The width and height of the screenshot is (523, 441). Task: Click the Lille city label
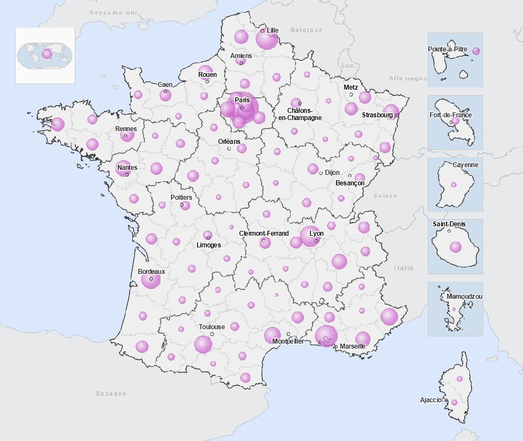point(272,30)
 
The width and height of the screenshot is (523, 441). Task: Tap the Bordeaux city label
point(152,272)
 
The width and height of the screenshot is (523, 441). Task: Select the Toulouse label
point(212,327)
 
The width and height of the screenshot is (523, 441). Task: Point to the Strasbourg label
point(377,115)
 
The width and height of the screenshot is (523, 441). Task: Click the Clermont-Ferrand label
point(264,234)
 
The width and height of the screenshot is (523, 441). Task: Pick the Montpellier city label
point(288,341)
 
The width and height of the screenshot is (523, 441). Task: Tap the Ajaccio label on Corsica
point(431,400)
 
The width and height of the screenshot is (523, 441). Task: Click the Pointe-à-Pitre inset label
point(448,49)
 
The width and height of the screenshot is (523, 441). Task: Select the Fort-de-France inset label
point(450,115)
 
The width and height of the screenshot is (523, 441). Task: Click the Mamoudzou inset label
point(464,297)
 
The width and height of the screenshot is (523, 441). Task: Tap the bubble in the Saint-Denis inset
point(455,247)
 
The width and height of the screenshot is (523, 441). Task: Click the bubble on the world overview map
point(47,54)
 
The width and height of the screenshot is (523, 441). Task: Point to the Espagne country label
point(111,393)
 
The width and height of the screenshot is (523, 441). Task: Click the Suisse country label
point(385,196)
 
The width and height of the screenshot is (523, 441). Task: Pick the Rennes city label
point(126,129)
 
